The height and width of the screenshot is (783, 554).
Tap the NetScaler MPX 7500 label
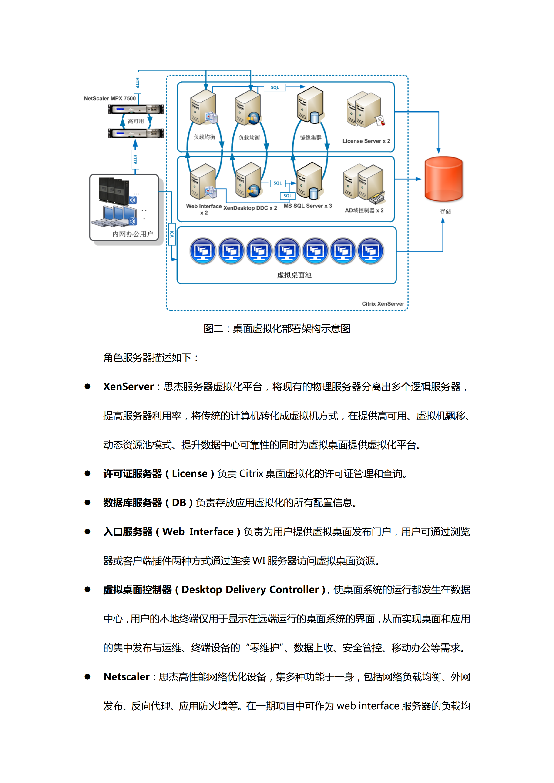point(110,98)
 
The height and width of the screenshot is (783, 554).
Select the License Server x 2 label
point(366,141)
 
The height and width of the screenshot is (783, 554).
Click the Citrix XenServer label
point(383,303)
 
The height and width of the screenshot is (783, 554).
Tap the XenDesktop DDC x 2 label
point(250,208)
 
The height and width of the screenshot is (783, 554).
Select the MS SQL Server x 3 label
point(308,206)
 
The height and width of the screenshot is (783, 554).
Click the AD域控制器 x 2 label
point(364,210)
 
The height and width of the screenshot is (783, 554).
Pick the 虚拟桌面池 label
point(294,275)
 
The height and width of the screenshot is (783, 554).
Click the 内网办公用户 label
point(132,234)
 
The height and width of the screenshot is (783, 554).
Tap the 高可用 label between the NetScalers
point(136,121)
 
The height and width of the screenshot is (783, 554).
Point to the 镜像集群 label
point(310,137)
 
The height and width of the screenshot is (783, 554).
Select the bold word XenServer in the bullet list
point(128,387)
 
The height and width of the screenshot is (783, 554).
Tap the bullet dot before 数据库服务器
point(87,502)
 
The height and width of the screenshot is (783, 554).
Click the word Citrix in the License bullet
point(251,473)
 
